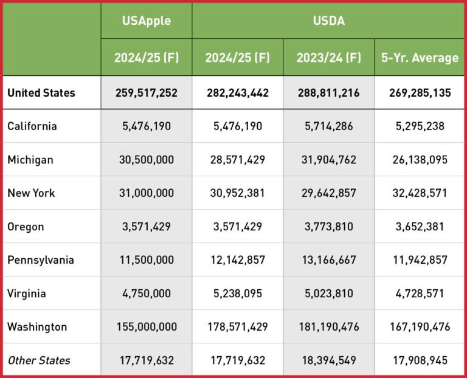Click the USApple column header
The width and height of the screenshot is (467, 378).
click(146, 21)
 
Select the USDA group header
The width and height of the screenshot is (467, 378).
click(328, 21)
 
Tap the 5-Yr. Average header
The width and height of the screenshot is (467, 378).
click(419, 58)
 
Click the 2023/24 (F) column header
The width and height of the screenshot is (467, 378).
click(328, 58)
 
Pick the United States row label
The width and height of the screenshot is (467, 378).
click(41, 93)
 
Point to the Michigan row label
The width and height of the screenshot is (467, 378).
click(30, 160)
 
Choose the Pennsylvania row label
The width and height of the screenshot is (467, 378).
click(41, 260)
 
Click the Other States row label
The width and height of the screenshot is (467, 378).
click(39, 360)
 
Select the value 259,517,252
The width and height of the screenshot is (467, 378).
click(146, 93)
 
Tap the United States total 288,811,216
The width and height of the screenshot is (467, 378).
click(328, 93)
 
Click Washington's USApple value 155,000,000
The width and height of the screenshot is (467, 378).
click(146, 327)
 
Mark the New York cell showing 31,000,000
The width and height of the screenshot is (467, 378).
click(146, 193)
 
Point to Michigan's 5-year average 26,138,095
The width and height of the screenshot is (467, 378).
click(419, 160)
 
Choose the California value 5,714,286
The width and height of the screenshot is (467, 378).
click(328, 126)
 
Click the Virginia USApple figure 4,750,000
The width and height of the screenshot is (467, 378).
click(146, 294)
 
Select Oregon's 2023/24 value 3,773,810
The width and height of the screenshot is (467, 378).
click(328, 227)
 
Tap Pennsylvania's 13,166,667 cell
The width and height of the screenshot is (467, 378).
click(328, 260)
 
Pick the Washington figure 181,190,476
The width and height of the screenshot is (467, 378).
click(328, 327)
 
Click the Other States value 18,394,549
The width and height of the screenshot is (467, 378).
click(328, 360)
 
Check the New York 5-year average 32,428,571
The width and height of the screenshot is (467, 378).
click(419, 193)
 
